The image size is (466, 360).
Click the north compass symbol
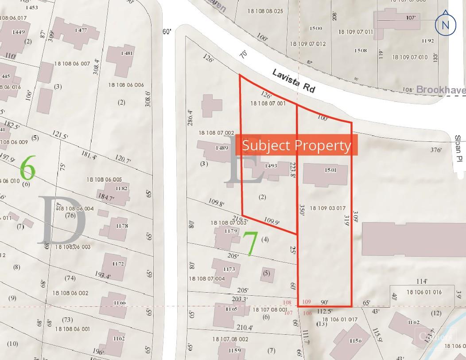(x=445, y=25)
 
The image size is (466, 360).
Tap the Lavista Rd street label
(x=294, y=80)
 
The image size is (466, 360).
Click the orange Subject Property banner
(x=296, y=145)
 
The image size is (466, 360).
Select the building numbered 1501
(x=325, y=174)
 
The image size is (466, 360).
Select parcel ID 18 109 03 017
(x=327, y=208)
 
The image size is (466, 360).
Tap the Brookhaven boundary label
(x=440, y=90)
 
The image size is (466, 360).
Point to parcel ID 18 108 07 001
(x=268, y=103)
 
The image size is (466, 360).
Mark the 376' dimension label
(x=436, y=150)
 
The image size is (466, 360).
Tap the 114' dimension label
(x=422, y=281)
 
